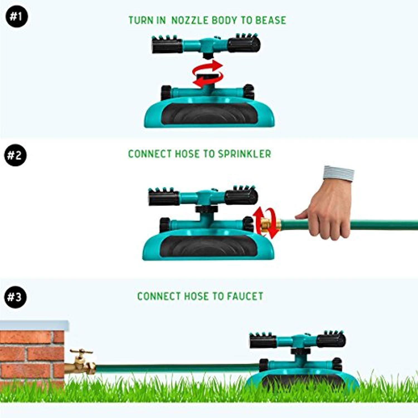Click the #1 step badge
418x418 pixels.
pos(16,16)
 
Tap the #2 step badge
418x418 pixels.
pos(15,155)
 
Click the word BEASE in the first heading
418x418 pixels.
pos(271,20)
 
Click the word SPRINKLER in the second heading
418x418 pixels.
pos(244,154)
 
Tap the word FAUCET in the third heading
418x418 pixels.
pos(245,296)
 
